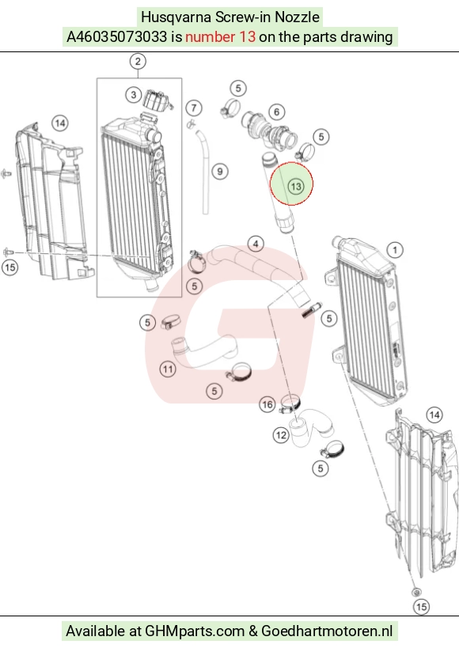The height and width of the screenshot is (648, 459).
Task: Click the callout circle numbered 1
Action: coord(395,250)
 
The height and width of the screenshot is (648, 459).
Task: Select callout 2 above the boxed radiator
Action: coord(138,62)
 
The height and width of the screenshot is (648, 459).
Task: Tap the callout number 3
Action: coord(134,95)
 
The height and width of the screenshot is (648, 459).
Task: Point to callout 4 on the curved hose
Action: coord(256,244)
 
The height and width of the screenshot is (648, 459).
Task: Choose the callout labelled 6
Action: coord(277,112)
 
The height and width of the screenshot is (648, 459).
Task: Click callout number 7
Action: coord(194,108)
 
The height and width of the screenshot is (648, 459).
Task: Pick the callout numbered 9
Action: coord(220,172)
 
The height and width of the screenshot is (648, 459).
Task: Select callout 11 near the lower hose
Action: coord(168,369)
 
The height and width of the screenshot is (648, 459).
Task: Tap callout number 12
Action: coord(281,435)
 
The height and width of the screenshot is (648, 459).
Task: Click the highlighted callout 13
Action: coord(296,187)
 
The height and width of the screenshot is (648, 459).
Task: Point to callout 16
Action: coord(267,404)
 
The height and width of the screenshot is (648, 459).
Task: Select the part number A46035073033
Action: coord(117,36)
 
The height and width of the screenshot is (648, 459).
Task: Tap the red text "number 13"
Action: coord(221,36)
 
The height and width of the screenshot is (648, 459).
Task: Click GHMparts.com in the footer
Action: coord(195,631)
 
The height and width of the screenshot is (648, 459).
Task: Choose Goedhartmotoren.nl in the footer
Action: coord(327,631)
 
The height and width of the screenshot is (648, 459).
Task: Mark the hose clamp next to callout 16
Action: coord(290,404)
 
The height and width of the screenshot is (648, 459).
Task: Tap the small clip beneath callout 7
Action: coord(191,123)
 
